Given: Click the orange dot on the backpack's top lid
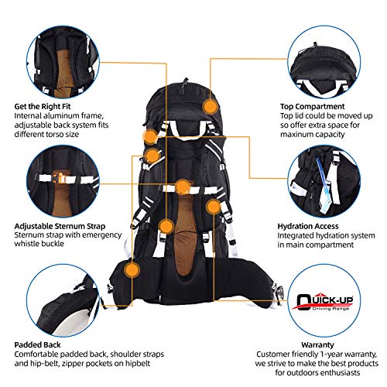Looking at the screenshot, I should pos(211,107).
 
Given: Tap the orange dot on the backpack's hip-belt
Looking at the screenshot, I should pos(133,269).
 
